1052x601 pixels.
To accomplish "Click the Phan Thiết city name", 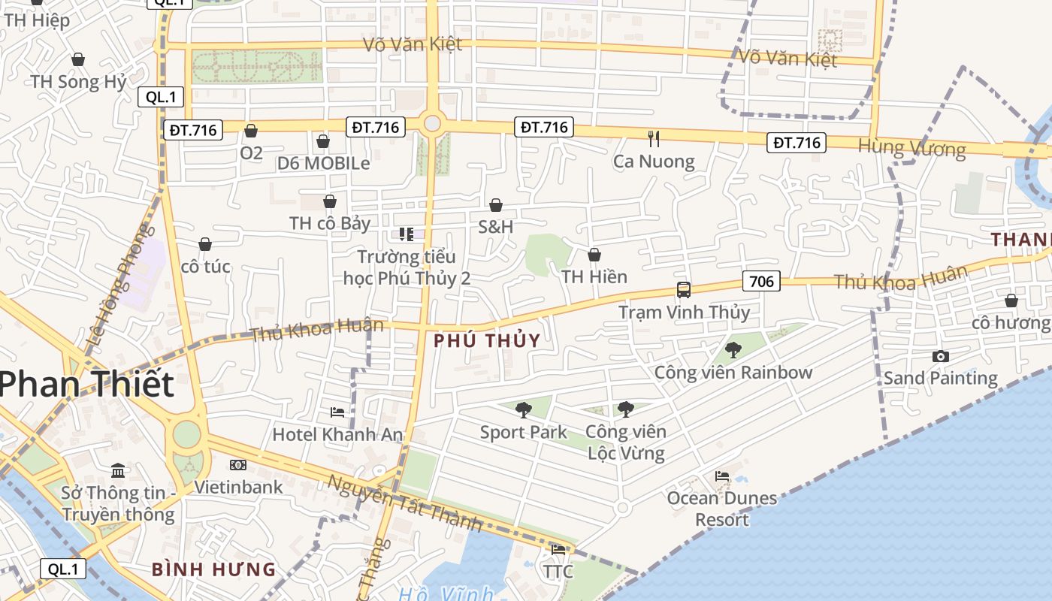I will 86,385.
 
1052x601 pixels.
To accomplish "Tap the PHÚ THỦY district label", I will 487,340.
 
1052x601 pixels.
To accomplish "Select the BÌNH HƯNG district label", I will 214,569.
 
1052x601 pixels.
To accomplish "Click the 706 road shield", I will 761,282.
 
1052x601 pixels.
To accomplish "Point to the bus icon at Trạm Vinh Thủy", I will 683,290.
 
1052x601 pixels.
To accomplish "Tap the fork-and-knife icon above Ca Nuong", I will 654,139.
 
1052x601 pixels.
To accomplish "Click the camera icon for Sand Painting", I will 940,356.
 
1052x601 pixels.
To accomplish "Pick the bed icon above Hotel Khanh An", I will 337,412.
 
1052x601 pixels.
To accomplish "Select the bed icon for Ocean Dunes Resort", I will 722,476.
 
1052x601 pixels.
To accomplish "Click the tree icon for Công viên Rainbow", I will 733,350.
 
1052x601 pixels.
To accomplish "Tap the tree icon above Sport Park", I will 524,410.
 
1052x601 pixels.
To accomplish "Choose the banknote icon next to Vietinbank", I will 238,465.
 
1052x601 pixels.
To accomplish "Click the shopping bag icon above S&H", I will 496,205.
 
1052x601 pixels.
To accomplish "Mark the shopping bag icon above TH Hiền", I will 594,255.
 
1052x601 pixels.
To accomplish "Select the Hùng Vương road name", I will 911,148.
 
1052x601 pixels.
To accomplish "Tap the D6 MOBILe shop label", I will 323,163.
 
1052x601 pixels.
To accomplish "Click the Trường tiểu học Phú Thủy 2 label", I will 407,267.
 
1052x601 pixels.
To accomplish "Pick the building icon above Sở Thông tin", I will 118,471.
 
